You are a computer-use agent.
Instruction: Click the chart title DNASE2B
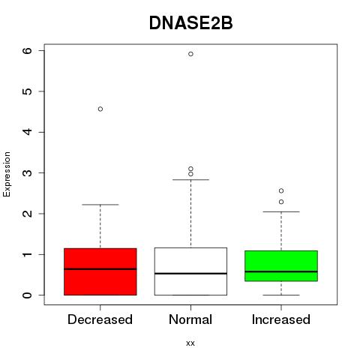(x=190, y=23)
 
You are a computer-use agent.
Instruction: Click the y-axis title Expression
(x=7, y=174)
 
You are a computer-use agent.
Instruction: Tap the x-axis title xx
(x=190, y=343)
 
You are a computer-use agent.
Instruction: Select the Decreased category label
(x=100, y=319)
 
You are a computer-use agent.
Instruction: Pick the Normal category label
(x=190, y=319)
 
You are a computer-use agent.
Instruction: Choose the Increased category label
(x=281, y=319)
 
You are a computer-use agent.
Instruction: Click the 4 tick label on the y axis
(x=28, y=132)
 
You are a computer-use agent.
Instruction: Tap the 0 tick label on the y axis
(x=28, y=295)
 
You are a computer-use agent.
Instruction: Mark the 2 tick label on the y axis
(x=28, y=214)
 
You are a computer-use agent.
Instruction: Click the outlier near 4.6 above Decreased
(x=100, y=109)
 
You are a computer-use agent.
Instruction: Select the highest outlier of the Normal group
(x=190, y=54)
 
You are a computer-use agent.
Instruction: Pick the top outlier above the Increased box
(x=281, y=190)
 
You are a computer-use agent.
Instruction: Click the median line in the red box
(x=100, y=269)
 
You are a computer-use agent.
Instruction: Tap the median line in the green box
(x=281, y=271)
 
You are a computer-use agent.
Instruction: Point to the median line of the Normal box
(x=190, y=274)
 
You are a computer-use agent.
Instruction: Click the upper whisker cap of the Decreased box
(x=100, y=205)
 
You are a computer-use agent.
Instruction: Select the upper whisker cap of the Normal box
(x=190, y=179)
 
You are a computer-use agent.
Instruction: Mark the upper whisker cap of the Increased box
(x=281, y=211)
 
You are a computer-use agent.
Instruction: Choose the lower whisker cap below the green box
(x=281, y=295)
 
